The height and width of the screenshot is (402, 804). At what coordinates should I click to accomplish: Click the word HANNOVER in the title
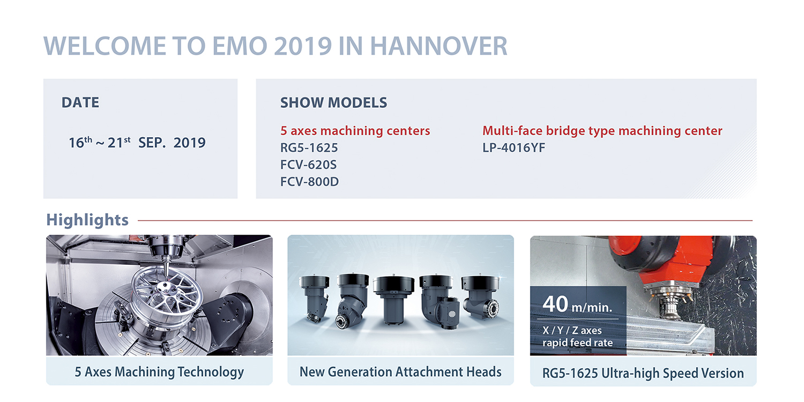coord(438,46)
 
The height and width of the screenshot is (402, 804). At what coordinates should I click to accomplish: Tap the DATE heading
coord(80,103)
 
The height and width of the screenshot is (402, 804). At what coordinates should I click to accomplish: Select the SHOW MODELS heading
coord(333,103)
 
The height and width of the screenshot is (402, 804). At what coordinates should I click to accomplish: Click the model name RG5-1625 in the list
coord(309,147)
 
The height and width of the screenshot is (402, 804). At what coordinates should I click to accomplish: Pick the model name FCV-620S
coord(308,165)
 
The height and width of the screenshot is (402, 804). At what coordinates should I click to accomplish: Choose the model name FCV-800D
coord(309,182)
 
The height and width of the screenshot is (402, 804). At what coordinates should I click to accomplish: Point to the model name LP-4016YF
coord(513,147)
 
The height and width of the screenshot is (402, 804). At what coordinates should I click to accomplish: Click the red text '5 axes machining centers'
coord(355,131)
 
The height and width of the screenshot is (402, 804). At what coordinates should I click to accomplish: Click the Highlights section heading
coord(87,220)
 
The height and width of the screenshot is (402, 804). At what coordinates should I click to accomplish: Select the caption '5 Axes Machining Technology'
coord(159,372)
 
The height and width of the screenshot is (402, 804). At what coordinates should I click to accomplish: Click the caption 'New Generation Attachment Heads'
coord(400,372)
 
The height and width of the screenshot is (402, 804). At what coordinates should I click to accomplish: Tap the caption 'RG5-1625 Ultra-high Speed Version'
coord(643,373)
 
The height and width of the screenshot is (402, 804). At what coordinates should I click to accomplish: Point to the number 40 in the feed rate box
coord(555,304)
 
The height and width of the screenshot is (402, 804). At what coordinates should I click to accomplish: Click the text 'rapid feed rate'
coord(577,343)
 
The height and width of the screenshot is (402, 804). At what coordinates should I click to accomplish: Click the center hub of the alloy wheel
coord(165,287)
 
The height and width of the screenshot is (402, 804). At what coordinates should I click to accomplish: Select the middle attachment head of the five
coord(393,300)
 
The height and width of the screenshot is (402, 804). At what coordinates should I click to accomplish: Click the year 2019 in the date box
coord(190,143)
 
